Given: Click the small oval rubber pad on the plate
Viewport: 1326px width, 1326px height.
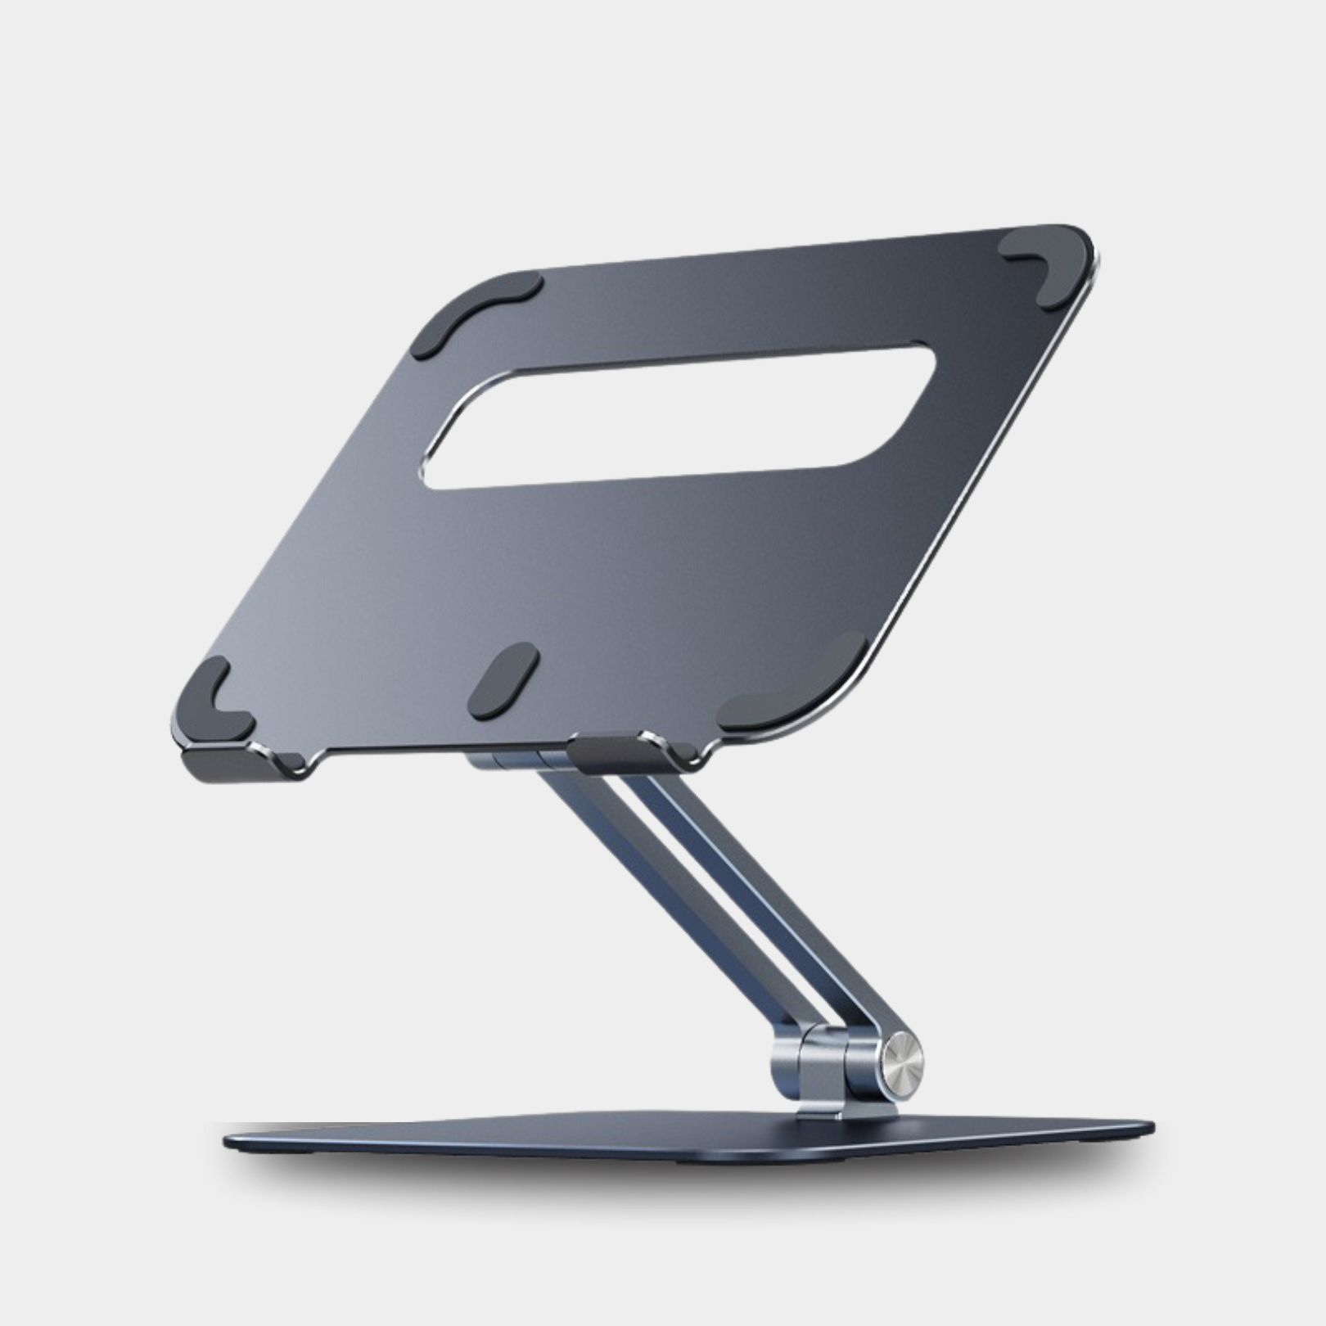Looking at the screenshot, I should coord(503,680).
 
